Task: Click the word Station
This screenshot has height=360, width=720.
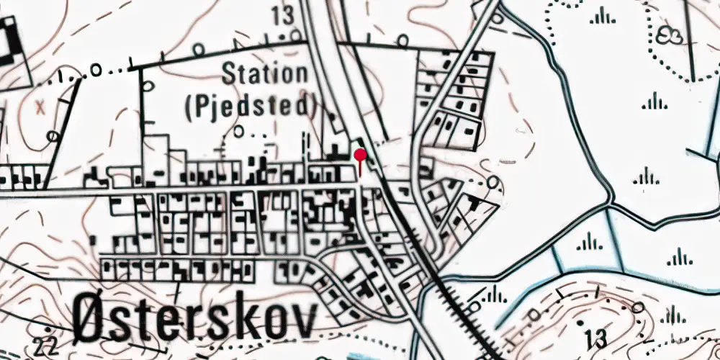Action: tap(265, 73)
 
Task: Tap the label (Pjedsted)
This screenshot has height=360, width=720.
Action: tap(251, 107)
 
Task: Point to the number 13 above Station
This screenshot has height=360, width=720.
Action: tap(284, 14)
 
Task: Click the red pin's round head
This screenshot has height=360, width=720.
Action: tap(360, 154)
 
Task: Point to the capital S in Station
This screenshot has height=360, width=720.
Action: tap(231, 73)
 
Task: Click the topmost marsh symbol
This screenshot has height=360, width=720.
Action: tap(602, 16)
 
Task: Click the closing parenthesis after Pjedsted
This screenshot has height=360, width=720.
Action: tap(314, 107)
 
